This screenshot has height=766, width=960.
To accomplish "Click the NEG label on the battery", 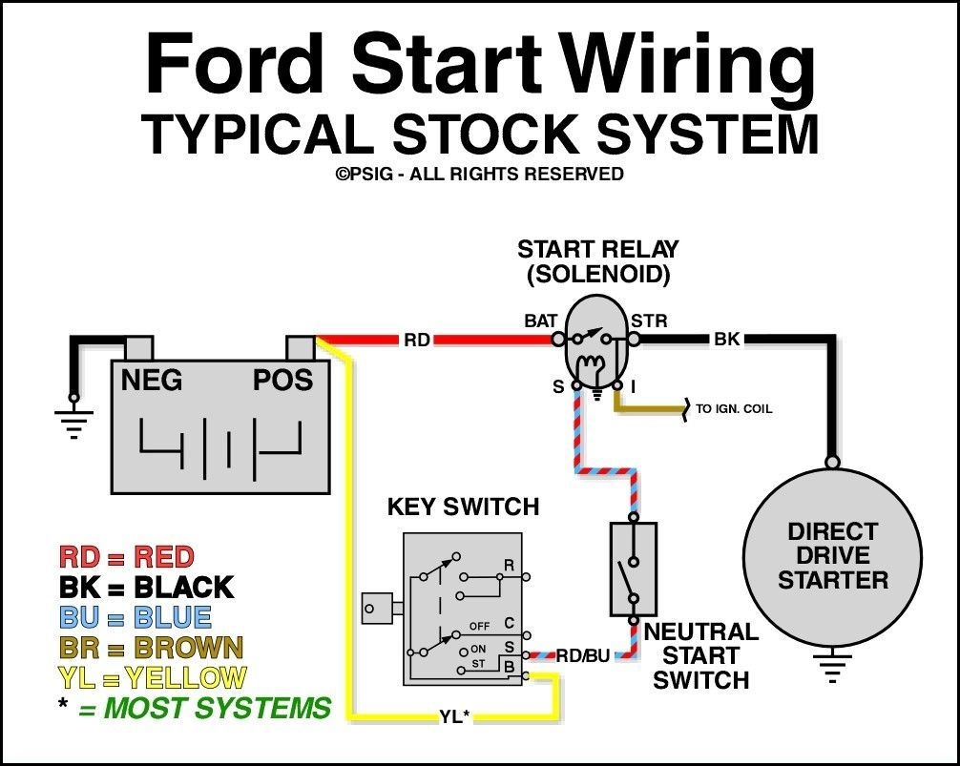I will click(x=151, y=381).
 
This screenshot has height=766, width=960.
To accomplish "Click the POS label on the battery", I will click(x=282, y=381).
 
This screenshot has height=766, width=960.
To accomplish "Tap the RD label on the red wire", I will click(x=416, y=340).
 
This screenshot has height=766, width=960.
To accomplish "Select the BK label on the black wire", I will click(x=727, y=340).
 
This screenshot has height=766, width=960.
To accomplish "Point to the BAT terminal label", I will click(x=540, y=321).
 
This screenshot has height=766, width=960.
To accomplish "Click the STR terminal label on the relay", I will click(x=649, y=321).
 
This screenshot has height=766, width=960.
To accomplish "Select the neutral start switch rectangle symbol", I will click(x=633, y=569).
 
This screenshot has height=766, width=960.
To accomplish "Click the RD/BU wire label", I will click(x=583, y=655).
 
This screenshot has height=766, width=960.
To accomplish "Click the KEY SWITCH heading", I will click(x=463, y=507).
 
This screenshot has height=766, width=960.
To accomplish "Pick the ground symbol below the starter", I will click(x=833, y=669).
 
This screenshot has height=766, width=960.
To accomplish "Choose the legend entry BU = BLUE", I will click(x=135, y=617).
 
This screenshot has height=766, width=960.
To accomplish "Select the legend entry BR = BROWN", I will click(x=151, y=648).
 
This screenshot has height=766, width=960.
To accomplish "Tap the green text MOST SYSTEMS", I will click(x=216, y=709).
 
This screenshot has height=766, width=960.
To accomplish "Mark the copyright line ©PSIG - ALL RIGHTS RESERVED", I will click(x=479, y=174).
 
